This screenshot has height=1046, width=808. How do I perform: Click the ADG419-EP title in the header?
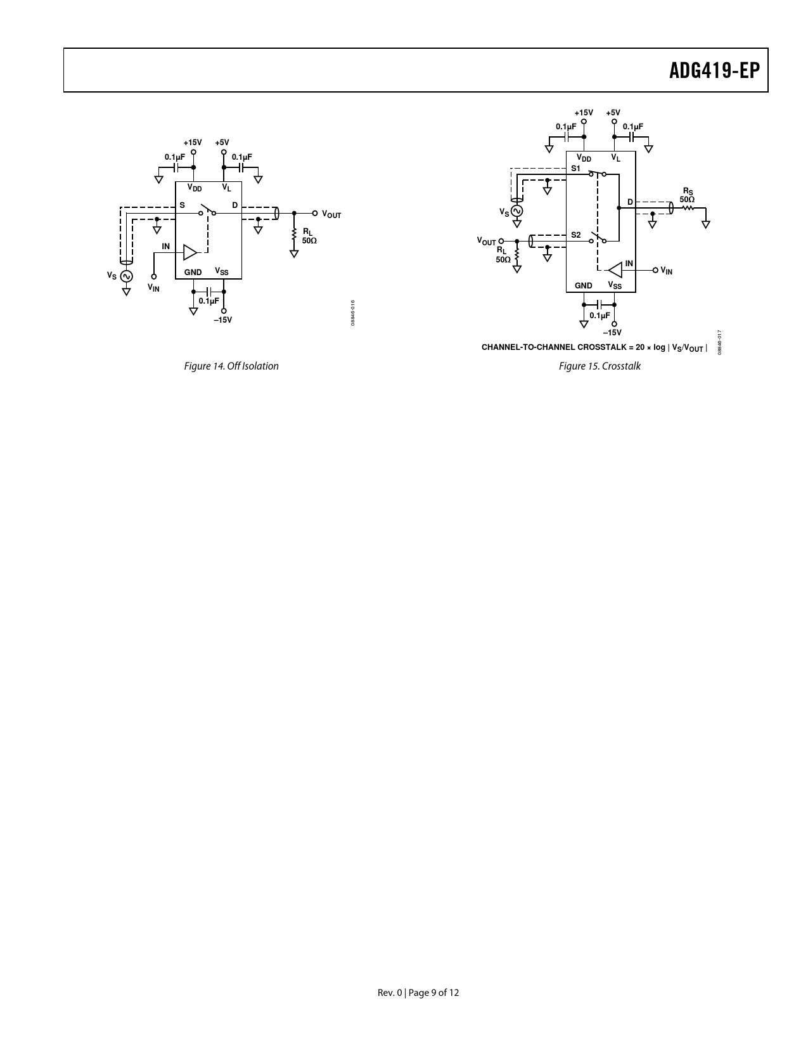tap(714, 70)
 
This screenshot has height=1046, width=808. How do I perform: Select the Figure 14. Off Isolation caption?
tap(231, 366)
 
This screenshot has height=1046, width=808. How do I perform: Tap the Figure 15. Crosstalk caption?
tap(600, 366)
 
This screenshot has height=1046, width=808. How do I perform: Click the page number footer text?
tap(418, 992)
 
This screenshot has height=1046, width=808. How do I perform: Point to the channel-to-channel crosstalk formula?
tap(594, 347)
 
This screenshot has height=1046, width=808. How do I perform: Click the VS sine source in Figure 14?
tap(126, 276)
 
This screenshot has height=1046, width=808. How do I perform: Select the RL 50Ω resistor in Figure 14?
tap(294, 236)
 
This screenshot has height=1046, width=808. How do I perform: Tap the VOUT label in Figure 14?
tap(331, 214)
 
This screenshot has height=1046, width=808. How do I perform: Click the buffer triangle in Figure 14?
tap(190, 252)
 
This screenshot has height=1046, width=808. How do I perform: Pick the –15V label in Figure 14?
tap(223, 320)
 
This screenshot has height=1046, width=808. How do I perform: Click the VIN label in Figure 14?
tap(153, 288)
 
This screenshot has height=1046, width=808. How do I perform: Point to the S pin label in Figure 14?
tap(182, 205)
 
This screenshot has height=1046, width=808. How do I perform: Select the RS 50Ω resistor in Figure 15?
tap(688, 208)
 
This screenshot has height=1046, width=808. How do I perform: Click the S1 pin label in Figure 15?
tap(575, 169)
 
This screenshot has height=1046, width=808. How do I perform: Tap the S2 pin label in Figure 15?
tap(575, 235)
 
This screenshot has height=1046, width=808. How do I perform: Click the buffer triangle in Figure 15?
tap(615, 270)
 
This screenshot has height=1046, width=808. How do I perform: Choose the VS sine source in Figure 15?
tap(517, 211)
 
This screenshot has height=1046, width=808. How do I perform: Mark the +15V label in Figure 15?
tap(584, 113)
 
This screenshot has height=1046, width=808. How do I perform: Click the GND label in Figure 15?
tap(583, 285)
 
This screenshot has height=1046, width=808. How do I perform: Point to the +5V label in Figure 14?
tap(222, 143)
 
